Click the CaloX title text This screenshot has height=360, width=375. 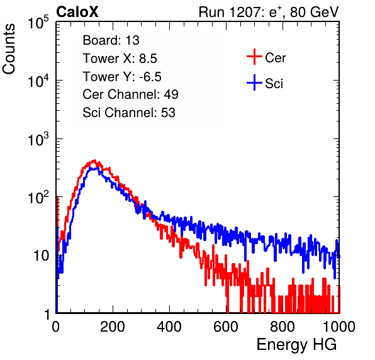(77, 12)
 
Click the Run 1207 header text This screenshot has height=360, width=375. (269, 12)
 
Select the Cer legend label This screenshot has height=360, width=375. (275, 58)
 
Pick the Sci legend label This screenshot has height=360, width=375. (274, 84)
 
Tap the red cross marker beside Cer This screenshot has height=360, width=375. (254, 57)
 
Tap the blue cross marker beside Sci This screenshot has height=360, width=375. (254, 83)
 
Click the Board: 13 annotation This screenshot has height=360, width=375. (111, 40)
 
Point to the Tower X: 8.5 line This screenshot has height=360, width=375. (120, 59)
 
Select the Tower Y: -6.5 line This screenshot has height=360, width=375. (122, 77)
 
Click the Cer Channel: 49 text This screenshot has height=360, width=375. (130, 94)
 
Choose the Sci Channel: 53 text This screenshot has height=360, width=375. (129, 113)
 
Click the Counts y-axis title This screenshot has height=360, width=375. (9, 49)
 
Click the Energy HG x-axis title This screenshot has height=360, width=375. (296, 345)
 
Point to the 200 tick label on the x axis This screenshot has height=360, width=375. (113, 327)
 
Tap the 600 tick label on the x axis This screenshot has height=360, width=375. (226, 327)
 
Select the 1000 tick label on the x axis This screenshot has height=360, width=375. (339, 327)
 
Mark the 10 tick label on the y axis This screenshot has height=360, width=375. (42, 256)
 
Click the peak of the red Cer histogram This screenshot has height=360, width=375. (95, 160)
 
